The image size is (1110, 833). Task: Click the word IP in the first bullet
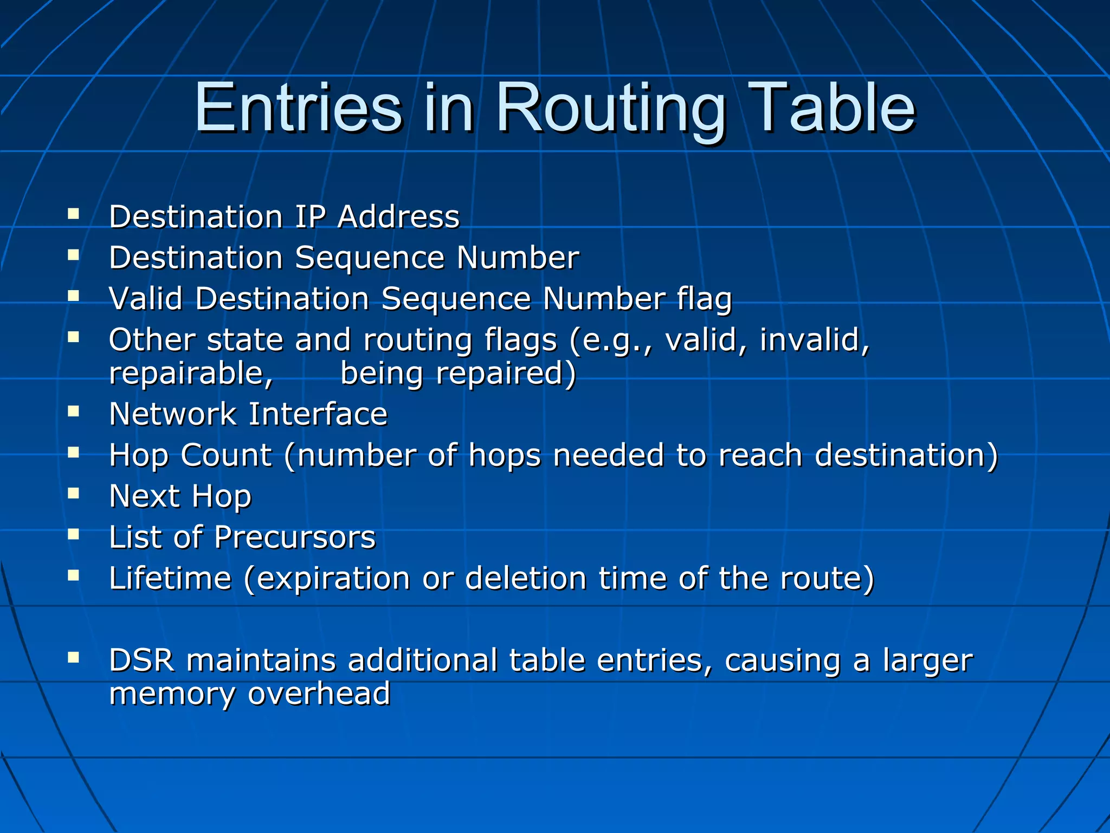(309, 217)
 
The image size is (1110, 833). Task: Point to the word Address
(398, 217)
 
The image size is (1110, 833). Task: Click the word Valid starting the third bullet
(146, 299)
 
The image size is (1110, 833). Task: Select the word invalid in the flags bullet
(814, 340)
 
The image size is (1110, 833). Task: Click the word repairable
(191, 374)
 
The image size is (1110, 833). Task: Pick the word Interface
(318, 414)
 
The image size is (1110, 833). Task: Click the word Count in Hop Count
(226, 455)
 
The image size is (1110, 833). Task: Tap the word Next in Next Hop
(144, 496)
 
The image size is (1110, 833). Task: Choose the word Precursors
(294, 537)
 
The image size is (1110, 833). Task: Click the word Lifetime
(170, 578)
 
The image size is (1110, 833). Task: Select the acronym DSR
(141, 661)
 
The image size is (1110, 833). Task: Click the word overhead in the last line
(319, 694)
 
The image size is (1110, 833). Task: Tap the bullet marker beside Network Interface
(74, 411)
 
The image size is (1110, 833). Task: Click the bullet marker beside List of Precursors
(74, 534)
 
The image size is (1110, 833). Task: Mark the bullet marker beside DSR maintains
(74, 657)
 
